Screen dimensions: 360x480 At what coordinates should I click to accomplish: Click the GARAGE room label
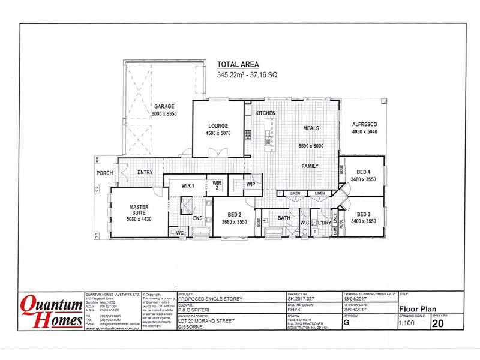coord(164,107)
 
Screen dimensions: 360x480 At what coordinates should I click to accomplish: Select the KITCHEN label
coord(265,113)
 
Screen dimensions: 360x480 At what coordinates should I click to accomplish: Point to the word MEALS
coord(310,128)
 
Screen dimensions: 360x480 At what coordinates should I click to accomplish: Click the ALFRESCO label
coord(364,124)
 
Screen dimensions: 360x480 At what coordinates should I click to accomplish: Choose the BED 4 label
coord(364,172)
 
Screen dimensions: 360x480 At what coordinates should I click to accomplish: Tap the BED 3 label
coord(364,214)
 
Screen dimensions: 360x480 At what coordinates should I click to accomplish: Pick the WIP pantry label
coord(251,184)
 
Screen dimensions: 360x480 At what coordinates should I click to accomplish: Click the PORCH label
coord(105,173)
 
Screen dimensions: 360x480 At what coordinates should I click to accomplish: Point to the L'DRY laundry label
coord(325,223)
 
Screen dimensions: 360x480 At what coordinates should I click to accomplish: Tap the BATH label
coord(283,219)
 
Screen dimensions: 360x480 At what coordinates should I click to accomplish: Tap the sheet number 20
coord(439,324)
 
